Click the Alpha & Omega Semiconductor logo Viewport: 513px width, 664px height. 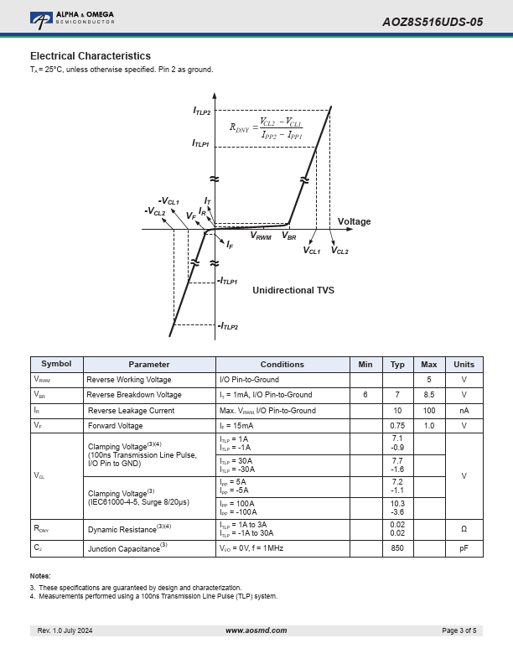point(72,19)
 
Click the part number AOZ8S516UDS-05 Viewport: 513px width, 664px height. point(433,22)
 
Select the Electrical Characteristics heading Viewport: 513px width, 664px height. point(91,56)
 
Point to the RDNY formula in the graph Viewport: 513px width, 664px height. point(267,128)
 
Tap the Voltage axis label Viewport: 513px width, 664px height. point(354,221)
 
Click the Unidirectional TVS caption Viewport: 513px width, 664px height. point(293,290)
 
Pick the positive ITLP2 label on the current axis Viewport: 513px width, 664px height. point(201,111)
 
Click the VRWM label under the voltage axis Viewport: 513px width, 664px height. point(261,236)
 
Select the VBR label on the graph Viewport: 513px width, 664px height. point(289,236)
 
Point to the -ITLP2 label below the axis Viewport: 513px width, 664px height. point(228,326)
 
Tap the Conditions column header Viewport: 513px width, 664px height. point(282,364)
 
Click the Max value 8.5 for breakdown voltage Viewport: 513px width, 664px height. point(429,395)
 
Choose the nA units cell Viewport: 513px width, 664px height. point(464,410)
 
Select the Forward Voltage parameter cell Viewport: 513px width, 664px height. point(115,426)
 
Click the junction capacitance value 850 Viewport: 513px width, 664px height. point(397,548)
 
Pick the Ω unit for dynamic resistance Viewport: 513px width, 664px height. point(464,529)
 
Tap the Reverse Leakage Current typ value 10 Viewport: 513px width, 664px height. point(397,410)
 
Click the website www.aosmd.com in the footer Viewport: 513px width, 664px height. point(256,630)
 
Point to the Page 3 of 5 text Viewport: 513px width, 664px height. point(459,630)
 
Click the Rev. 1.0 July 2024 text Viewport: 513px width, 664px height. point(65,630)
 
